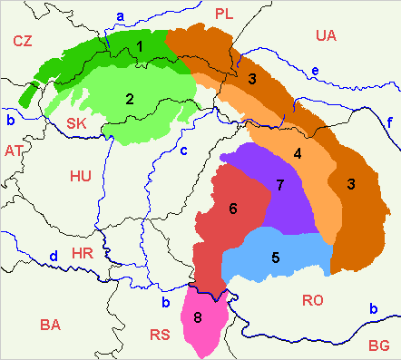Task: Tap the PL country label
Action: (x=224, y=13)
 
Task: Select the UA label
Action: (x=326, y=35)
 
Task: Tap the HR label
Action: (x=82, y=253)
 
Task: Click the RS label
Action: (x=161, y=335)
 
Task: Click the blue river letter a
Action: (x=121, y=15)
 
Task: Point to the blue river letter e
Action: (x=314, y=71)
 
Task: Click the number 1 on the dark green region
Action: (x=139, y=44)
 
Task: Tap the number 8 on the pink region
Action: (x=198, y=317)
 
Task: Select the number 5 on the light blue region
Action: (x=275, y=257)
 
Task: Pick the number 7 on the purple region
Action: (x=280, y=185)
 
